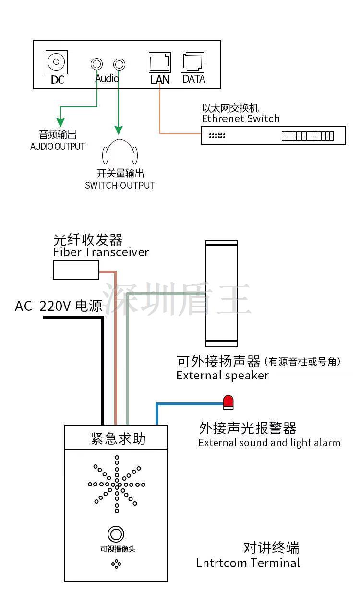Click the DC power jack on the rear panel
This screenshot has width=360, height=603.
pos(57,62)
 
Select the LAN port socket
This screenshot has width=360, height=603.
pos(159,63)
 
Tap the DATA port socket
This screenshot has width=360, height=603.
pos(193,62)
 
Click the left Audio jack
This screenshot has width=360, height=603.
pos(97,64)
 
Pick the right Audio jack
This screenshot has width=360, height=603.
pos(119,64)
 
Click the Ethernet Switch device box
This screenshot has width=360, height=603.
pos(273,136)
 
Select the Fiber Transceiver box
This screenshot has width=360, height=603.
pos(75,270)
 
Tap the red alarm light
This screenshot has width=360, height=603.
pos(228,402)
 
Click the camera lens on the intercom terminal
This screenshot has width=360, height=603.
pos(116,534)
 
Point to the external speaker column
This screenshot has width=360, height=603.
pos(221,293)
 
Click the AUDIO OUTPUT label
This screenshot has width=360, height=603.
pos(58,146)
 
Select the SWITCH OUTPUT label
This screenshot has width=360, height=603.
pos(120,185)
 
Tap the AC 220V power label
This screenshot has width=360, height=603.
pos(58,306)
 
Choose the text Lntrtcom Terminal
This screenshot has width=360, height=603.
pos(248,563)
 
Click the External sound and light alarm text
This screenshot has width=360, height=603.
pos(269,443)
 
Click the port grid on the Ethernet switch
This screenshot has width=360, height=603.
pos(307,136)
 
